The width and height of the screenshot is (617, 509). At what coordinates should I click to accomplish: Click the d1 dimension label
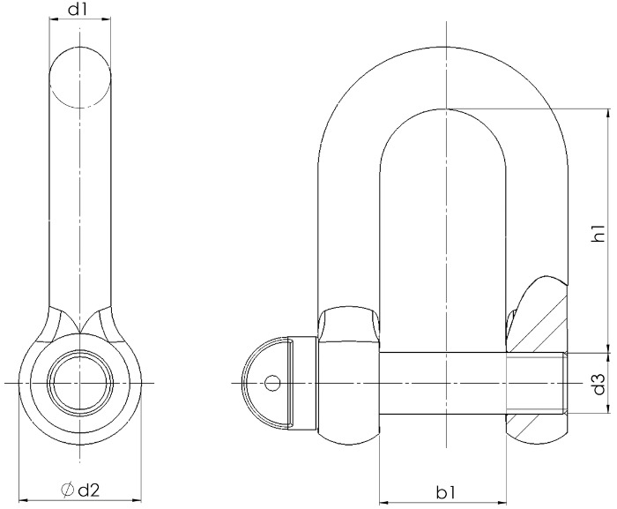pos(79,11)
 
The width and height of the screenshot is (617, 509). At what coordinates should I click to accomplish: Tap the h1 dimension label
pos(598,234)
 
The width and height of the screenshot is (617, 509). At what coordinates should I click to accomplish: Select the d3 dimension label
pos(598,385)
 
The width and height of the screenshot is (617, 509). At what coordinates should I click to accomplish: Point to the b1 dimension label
pos(446,489)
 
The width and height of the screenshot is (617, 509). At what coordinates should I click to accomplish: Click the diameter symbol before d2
pos(67,489)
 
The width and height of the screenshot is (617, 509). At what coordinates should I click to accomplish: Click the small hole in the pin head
pos(272,383)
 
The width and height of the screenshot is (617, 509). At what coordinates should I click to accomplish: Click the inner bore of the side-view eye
pos(79,383)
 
